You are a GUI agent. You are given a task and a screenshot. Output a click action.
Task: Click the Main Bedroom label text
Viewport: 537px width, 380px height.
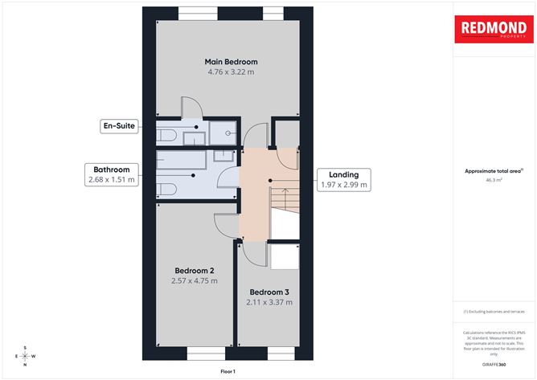click(231, 61)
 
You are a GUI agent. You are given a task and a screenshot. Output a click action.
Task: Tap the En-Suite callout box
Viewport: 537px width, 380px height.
click(117, 126)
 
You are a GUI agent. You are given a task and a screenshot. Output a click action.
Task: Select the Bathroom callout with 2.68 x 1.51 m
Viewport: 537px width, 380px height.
click(111, 174)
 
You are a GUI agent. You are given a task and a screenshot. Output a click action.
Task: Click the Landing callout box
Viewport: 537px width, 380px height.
click(343, 179)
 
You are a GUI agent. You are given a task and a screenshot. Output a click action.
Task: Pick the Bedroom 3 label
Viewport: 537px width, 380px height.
click(268, 292)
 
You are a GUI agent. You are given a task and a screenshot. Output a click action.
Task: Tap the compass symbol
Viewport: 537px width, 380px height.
click(25, 356)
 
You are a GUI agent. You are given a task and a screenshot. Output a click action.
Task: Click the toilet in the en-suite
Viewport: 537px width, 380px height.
click(168, 133)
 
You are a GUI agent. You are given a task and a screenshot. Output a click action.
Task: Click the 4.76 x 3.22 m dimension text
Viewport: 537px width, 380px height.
click(231, 72)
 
